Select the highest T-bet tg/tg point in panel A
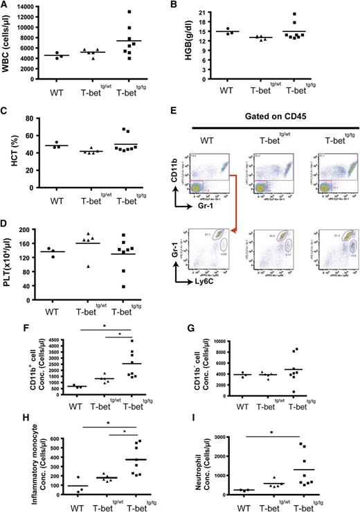coord(140,12)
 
